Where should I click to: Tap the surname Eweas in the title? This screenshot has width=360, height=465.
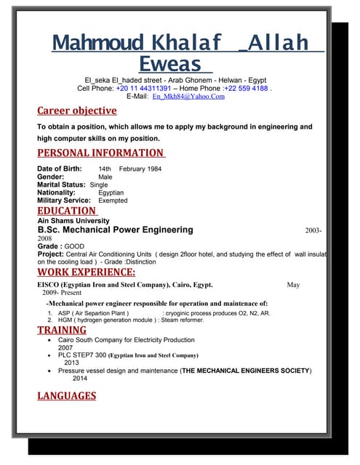(171, 63)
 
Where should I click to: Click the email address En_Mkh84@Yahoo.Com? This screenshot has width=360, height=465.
(188, 97)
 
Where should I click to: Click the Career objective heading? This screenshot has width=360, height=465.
(76, 110)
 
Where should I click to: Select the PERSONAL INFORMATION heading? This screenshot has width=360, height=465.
(100, 153)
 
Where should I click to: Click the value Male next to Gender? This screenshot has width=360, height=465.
(105, 177)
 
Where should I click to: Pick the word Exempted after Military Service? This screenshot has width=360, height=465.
(113, 201)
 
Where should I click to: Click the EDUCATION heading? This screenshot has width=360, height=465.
(66, 211)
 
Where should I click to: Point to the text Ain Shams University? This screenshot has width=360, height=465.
(73, 220)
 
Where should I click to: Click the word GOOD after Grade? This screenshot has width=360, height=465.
(74, 246)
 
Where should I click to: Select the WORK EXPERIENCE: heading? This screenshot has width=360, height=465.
(86, 272)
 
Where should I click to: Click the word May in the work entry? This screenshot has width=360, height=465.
(293, 285)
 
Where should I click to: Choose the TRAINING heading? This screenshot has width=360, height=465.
(62, 330)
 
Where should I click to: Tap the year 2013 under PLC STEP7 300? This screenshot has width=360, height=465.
(71, 363)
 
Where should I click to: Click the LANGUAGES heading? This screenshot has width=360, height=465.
(66, 395)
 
